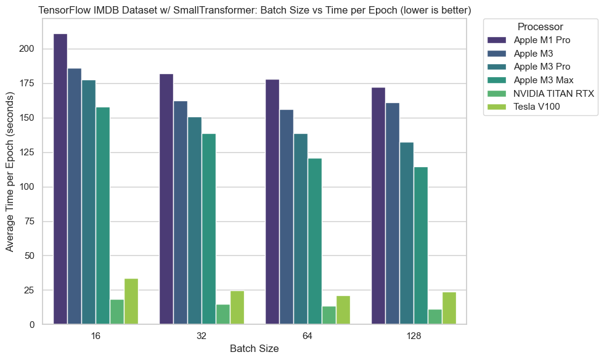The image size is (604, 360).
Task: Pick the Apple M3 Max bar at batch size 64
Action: (x=314, y=241)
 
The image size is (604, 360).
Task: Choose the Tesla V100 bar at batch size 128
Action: (x=449, y=308)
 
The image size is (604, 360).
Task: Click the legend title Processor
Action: (x=540, y=27)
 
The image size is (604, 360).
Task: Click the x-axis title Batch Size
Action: (x=254, y=349)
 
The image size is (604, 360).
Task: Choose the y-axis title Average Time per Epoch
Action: (x=10, y=172)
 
